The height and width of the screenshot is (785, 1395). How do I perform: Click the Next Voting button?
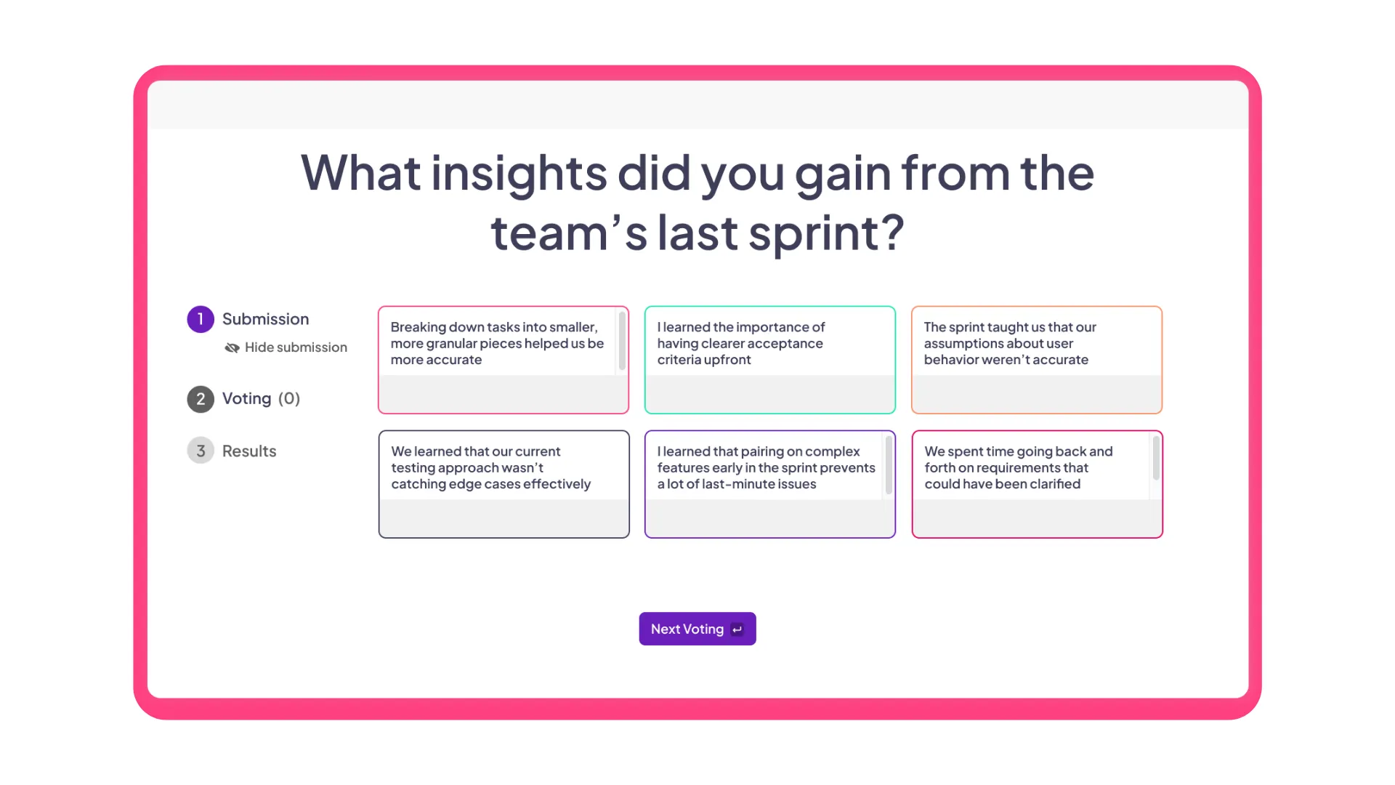click(x=687, y=629)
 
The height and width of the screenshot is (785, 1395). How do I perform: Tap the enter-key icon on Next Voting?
click(x=737, y=629)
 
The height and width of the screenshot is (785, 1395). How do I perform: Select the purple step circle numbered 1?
click(x=201, y=319)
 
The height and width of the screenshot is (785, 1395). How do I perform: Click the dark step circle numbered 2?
click(x=201, y=399)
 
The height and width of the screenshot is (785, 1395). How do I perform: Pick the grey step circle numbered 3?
click(x=201, y=451)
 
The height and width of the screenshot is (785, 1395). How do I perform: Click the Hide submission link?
click(x=296, y=347)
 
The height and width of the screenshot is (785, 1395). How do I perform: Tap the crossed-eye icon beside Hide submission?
click(x=232, y=348)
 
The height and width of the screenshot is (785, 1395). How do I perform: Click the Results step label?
click(x=249, y=451)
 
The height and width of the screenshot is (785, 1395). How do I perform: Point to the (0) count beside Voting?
click(x=289, y=398)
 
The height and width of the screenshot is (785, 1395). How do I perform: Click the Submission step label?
click(x=265, y=319)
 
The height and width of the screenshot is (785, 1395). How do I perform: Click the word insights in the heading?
click(x=519, y=173)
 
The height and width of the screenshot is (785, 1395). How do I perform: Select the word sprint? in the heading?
click(x=826, y=233)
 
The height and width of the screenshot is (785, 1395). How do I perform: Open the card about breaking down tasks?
click(x=497, y=344)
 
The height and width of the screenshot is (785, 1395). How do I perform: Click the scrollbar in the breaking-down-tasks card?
click(x=622, y=340)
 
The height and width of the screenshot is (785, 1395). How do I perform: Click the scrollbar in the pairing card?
click(x=889, y=465)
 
